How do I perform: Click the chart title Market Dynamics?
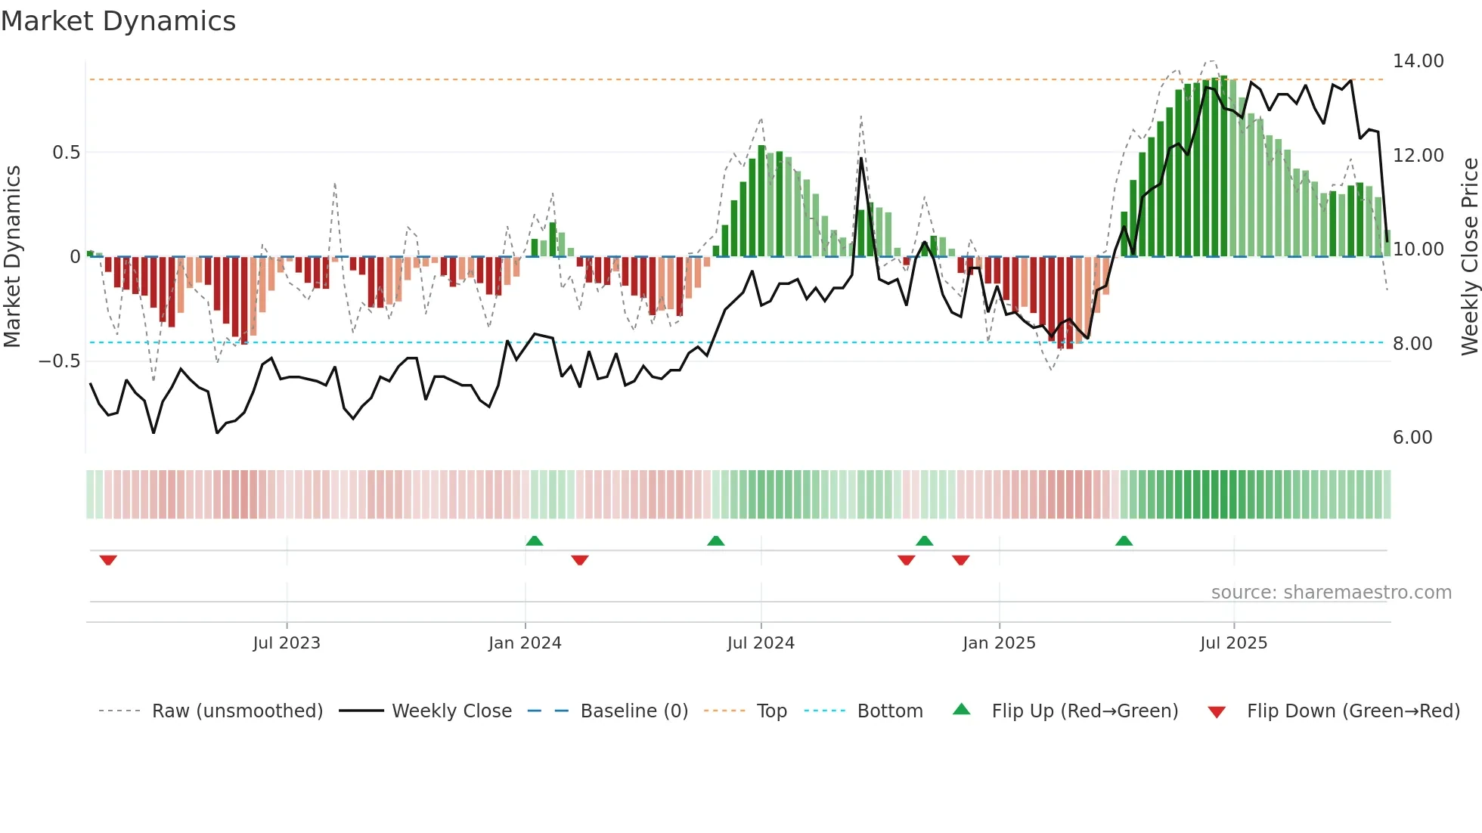point(118,21)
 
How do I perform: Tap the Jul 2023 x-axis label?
point(286,643)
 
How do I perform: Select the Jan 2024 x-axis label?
point(525,643)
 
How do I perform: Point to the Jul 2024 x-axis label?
point(761,643)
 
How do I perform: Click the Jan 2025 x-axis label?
point(999,643)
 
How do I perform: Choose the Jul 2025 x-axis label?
point(1233,643)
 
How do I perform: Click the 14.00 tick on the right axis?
point(1418,61)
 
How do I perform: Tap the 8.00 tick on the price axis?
point(1412,344)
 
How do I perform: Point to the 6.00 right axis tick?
point(1412,438)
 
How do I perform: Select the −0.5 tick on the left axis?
point(59,361)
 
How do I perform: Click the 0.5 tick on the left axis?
point(66,153)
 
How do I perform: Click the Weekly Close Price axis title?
point(1469,257)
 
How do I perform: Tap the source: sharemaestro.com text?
point(1331,593)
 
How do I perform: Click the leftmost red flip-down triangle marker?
point(108,560)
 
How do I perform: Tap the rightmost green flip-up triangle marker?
point(1124,540)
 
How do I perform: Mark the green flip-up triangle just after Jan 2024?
point(534,540)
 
